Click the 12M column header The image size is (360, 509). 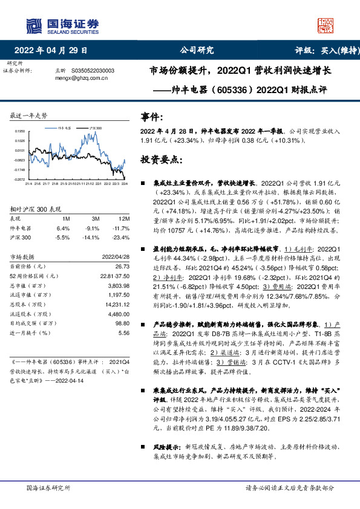(125, 218)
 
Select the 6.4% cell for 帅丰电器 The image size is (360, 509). (63, 229)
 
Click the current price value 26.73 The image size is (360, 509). (123, 266)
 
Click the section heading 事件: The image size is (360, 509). (152, 117)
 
